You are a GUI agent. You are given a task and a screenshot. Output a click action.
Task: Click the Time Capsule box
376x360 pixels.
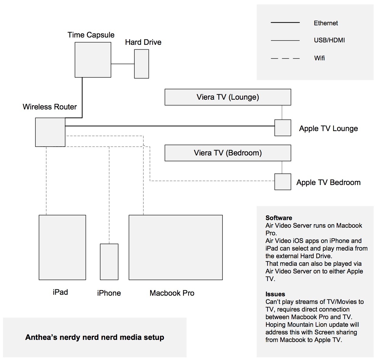[93, 60]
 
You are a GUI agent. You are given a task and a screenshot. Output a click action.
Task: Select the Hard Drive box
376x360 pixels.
[141, 64]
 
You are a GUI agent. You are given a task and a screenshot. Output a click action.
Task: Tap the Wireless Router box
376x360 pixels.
[50, 132]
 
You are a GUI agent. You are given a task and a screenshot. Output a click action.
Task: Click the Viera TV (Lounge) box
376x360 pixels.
[228, 97]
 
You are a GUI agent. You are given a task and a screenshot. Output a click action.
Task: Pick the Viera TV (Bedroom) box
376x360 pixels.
[228, 153]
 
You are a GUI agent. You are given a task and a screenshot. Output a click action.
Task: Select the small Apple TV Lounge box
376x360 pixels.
[282, 128]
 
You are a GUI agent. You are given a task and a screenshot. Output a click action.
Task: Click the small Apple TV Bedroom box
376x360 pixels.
[282, 182]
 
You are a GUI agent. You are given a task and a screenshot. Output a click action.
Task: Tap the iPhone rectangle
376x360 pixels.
[109, 262]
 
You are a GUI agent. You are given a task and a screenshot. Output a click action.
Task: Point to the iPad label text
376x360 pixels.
[60, 292]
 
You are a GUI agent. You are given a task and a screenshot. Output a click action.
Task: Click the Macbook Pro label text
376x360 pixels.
[172, 293]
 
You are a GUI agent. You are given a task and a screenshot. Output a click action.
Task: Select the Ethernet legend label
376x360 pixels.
[326, 23]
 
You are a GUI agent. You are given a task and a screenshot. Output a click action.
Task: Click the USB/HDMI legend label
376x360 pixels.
[329, 40]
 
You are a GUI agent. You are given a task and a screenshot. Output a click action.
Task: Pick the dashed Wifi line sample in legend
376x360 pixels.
[285, 58]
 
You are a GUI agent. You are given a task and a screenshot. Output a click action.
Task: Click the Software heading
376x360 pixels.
[278, 218]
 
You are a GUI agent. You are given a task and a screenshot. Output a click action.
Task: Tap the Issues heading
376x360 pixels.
[275, 294]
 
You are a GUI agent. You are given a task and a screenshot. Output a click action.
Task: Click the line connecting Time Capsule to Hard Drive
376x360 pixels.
[122, 64]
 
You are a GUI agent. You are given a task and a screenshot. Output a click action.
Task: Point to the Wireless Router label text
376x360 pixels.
[50, 107]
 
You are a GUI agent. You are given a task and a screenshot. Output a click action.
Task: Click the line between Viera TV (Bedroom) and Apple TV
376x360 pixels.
[282, 167]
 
